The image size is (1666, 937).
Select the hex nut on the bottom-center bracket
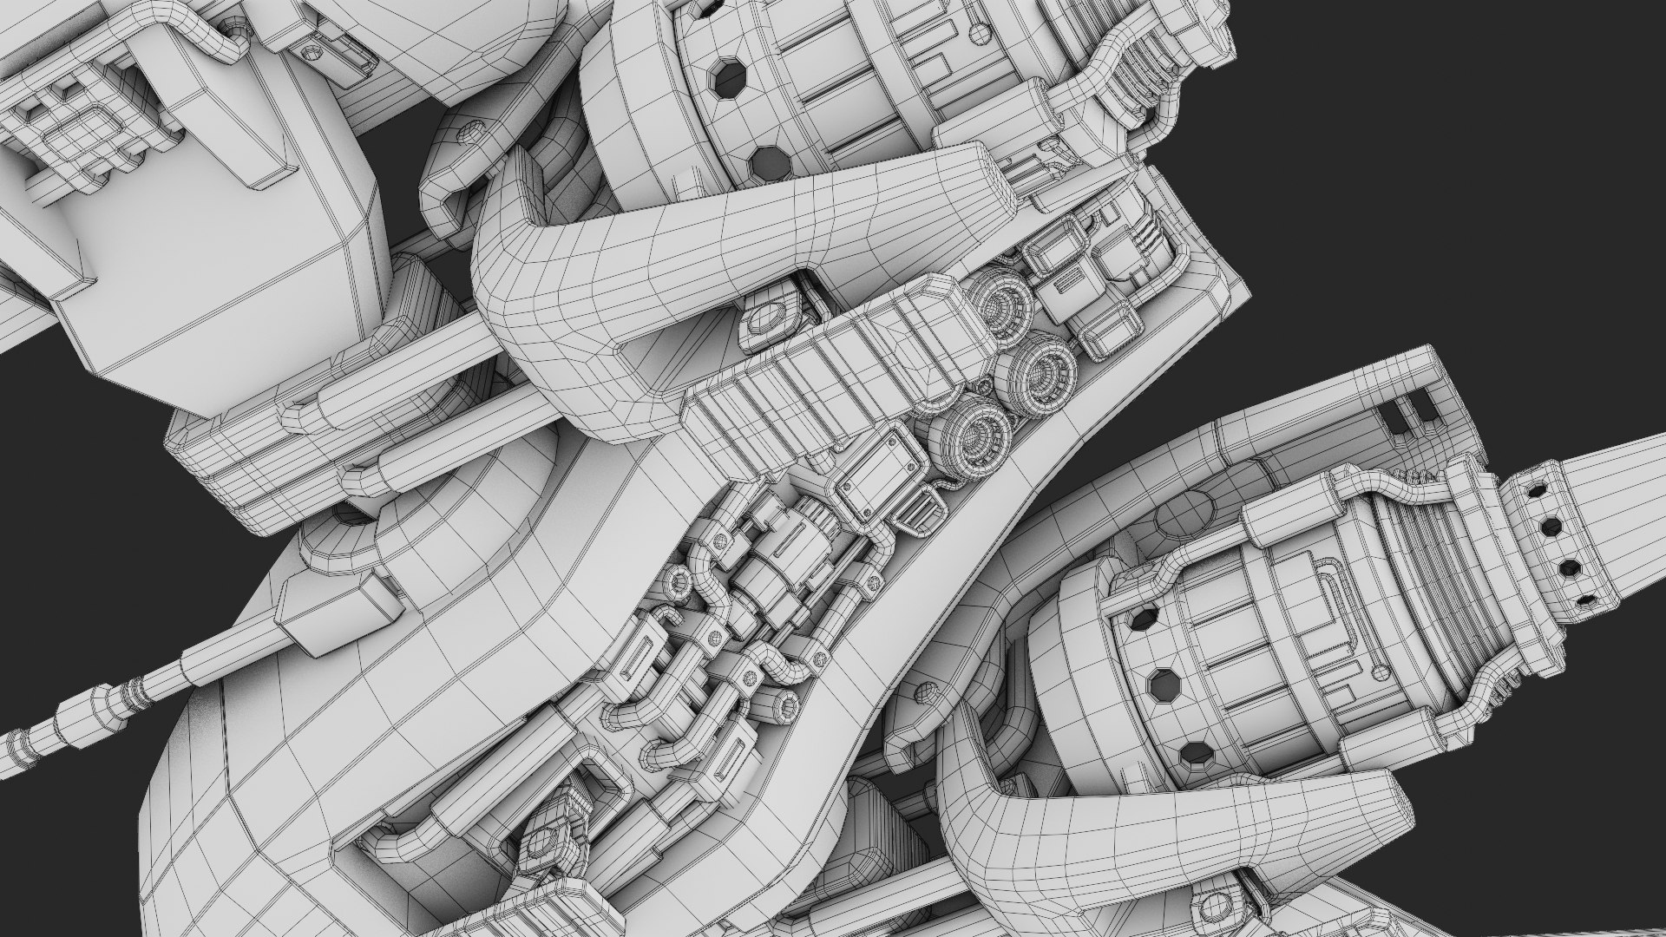[x=543, y=842]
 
